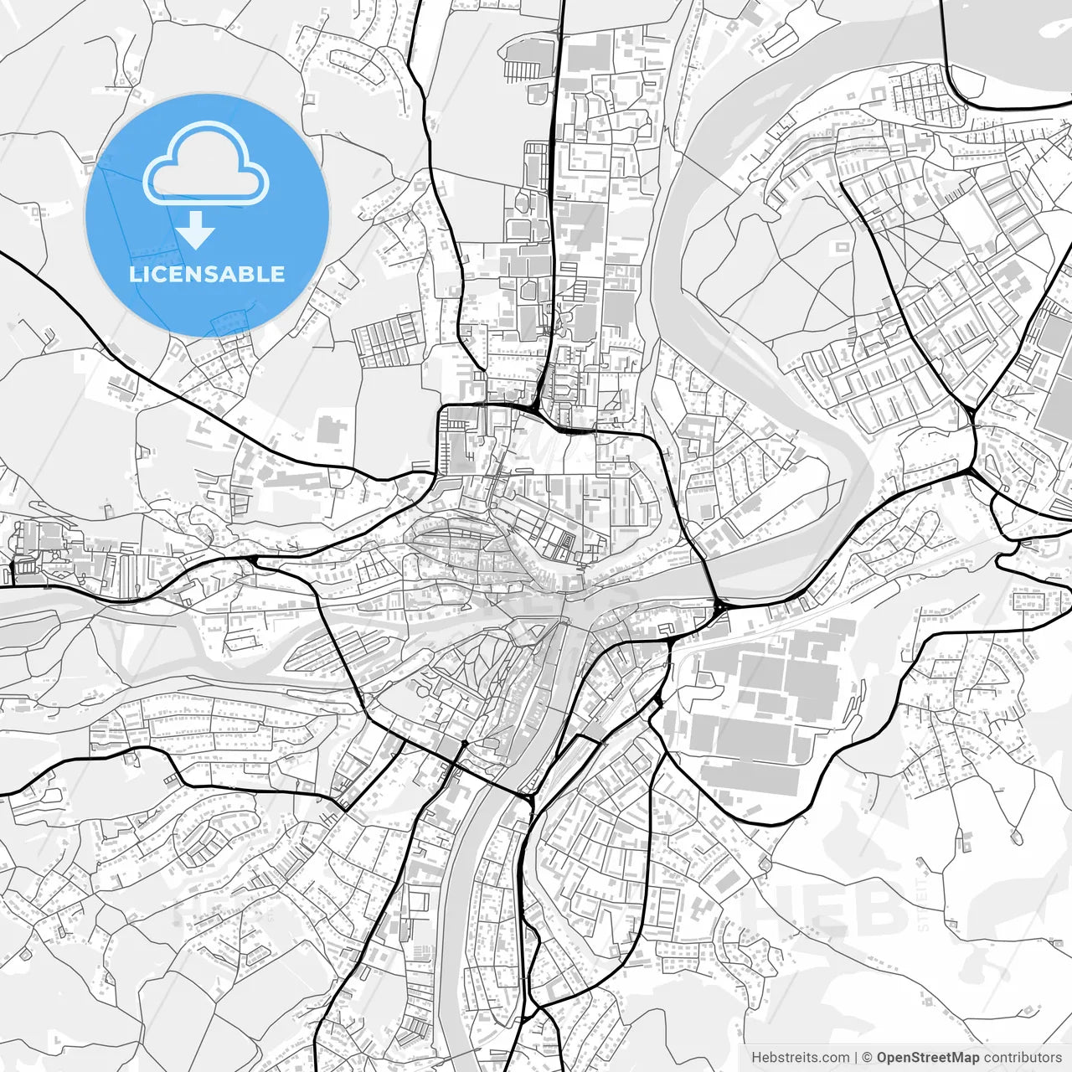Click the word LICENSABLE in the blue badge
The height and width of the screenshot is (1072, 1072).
(x=207, y=274)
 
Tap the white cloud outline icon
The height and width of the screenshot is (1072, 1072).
(x=206, y=163)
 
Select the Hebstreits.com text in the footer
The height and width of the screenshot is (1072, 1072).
(x=800, y=1058)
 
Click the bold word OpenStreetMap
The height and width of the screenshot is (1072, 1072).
(x=928, y=1058)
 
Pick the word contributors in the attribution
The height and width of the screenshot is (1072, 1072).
(x=1023, y=1058)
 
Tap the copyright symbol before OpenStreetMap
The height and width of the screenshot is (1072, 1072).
(x=868, y=1058)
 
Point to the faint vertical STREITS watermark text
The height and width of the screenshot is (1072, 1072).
(x=923, y=904)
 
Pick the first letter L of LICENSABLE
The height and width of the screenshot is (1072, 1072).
(x=136, y=274)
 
